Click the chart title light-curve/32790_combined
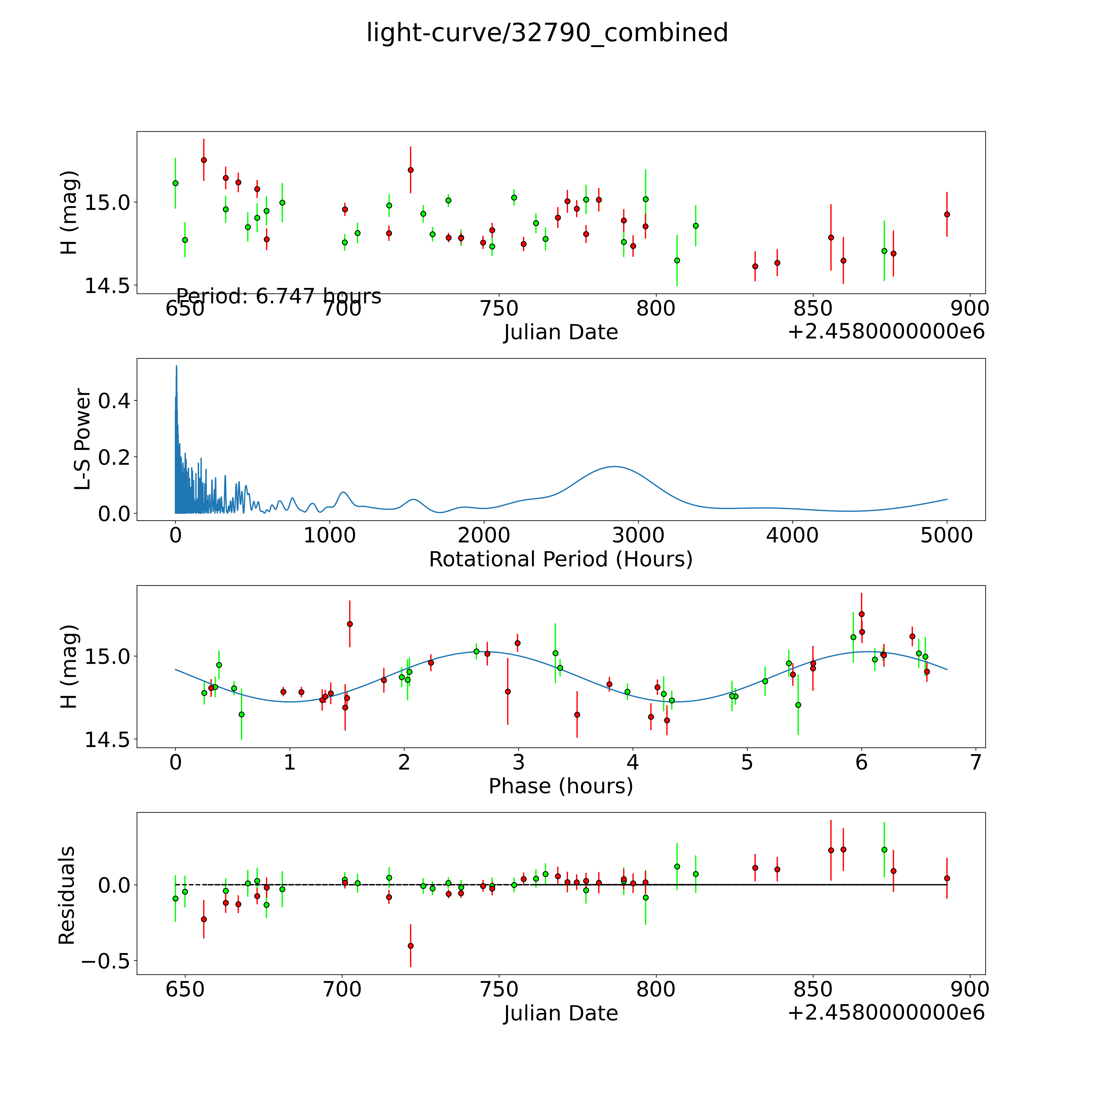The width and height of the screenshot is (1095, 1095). [x=547, y=33]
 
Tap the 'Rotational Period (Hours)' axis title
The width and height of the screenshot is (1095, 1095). [x=560, y=559]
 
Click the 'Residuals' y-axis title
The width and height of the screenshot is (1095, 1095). [x=67, y=895]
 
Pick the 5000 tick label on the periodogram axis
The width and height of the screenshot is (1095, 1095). [x=947, y=536]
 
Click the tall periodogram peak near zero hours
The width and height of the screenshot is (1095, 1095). [x=176, y=367]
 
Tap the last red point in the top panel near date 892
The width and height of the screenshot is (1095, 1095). [x=947, y=214]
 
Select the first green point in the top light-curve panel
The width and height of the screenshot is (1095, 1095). [x=175, y=183]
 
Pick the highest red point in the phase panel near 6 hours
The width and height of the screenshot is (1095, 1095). [x=861, y=614]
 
